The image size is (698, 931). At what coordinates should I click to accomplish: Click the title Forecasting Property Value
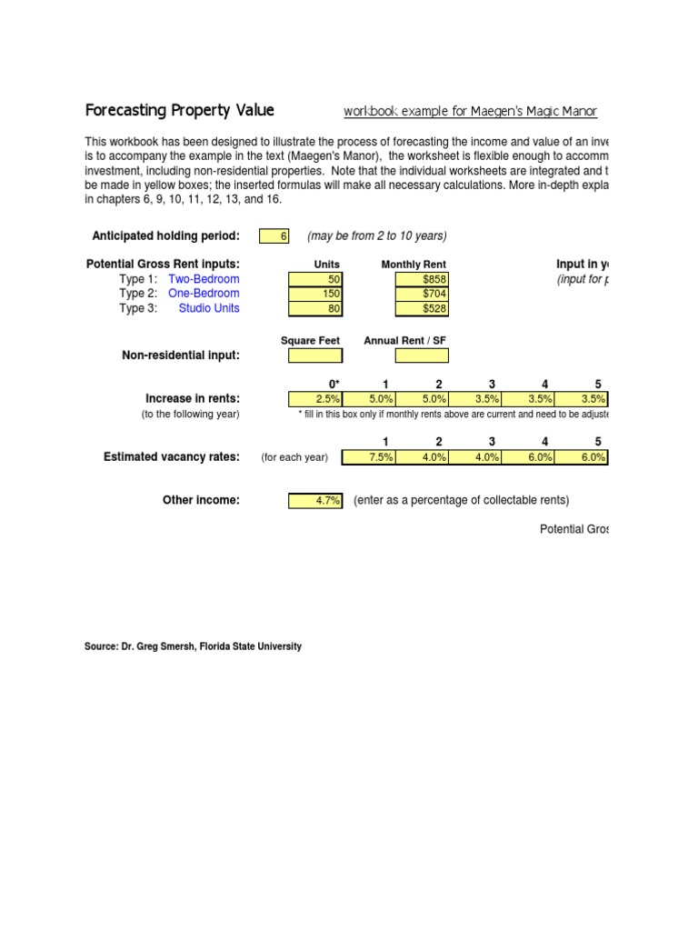tap(179, 111)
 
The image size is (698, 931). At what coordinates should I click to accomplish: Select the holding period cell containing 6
tap(274, 236)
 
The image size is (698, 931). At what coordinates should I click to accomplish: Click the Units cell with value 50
tap(314, 278)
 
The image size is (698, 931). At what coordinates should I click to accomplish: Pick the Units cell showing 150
tap(314, 294)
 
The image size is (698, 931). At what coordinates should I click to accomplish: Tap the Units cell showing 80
tap(314, 308)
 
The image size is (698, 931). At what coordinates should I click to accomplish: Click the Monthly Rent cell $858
tap(422, 278)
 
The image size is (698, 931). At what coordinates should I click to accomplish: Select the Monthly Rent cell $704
tap(422, 294)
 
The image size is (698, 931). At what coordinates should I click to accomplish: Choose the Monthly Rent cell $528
tap(422, 308)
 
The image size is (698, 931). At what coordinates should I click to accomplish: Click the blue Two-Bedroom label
tap(204, 278)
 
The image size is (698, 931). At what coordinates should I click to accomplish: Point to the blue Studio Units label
tap(209, 308)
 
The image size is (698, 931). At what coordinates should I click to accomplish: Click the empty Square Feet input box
tap(314, 355)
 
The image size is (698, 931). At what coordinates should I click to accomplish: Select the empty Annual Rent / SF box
tap(422, 355)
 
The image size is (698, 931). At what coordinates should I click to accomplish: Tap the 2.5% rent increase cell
tap(314, 399)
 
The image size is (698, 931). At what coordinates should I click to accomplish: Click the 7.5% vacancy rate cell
tap(368, 457)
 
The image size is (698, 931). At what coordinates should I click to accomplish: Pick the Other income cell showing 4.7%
tap(314, 501)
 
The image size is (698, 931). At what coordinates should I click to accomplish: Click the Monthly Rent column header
tap(414, 265)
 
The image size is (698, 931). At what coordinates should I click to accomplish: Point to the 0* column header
tap(334, 384)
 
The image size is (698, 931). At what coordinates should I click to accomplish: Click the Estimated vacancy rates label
tap(172, 457)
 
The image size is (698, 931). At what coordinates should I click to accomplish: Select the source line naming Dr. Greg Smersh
tap(193, 646)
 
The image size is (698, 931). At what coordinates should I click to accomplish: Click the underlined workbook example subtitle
tap(470, 112)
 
